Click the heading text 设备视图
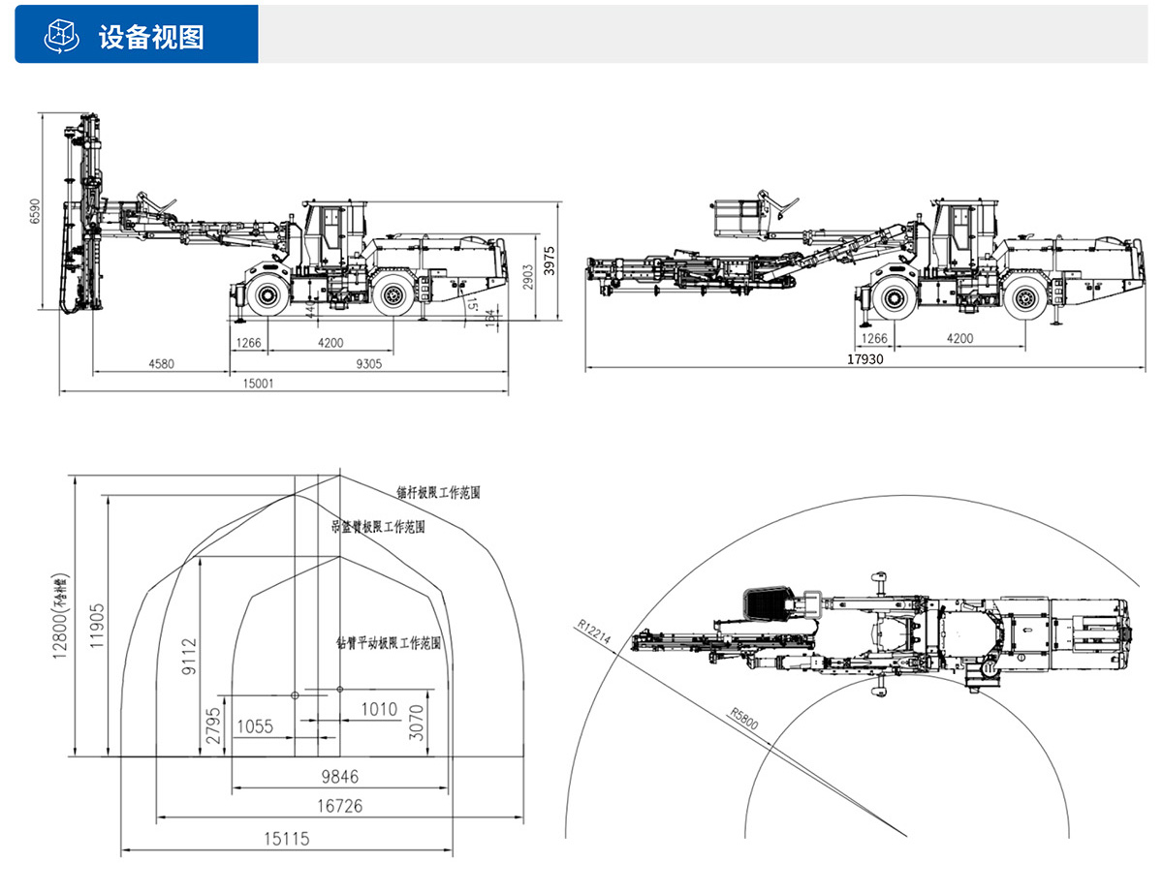[151, 36]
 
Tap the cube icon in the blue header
[61, 35]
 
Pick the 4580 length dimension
[162, 364]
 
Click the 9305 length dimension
[369, 364]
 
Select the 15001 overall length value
[258, 383]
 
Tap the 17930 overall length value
[865, 358]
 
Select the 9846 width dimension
[339, 777]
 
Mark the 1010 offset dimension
[379, 709]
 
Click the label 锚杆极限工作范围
[438, 493]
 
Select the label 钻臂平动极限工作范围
[389, 642]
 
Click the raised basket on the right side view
[736, 217]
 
